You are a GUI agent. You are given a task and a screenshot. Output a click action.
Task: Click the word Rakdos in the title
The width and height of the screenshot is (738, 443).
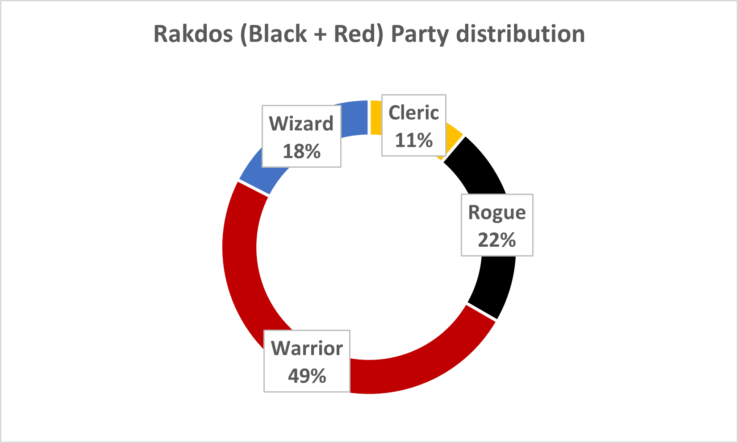pos(193,34)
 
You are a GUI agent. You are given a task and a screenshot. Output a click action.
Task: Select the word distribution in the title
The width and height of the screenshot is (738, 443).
pos(521,33)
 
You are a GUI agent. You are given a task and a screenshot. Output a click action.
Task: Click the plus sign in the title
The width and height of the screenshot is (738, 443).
pos(321,35)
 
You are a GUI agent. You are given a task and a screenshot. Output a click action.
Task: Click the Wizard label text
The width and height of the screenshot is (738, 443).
pos(301,124)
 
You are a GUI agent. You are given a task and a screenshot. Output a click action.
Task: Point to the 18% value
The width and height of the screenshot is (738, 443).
pos(301,151)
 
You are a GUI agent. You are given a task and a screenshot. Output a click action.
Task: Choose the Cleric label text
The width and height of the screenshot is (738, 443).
pos(413,113)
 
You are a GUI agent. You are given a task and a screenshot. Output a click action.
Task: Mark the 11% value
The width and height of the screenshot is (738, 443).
pos(413,140)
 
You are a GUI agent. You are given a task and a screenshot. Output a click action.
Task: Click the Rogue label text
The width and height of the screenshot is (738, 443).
pos(497,213)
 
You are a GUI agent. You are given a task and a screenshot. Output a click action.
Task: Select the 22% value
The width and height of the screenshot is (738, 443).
pos(497,240)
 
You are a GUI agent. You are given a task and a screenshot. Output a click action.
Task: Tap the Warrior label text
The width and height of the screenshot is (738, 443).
pos(307,348)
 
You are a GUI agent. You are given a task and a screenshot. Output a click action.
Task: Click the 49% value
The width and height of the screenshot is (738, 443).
pos(307,376)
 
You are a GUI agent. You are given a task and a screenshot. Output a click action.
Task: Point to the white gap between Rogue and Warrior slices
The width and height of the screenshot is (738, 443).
pos(482,311)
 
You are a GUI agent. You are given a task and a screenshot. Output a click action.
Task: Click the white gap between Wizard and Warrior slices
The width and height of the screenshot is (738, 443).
pos(254,188)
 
